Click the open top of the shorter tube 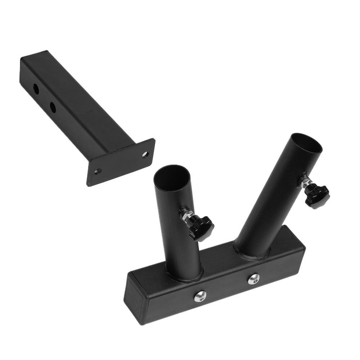click(x=172, y=176)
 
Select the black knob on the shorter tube click(x=201, y=228)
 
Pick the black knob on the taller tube click(x=316, y=197)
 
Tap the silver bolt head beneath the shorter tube click(x=201, y=296)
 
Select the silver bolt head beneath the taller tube click(x=254, y=278)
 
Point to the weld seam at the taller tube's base click(x=252, y=256)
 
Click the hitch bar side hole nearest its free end click(x=36, y=89)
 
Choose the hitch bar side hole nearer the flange click(x=53, y=107)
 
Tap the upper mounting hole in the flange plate click(x=145, y=154)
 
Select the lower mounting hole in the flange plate click(x=98, y=171)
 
